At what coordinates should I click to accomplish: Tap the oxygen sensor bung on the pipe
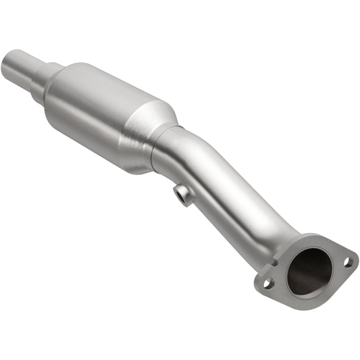pos(183,195)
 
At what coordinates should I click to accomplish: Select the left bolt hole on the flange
pos(267,284)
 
